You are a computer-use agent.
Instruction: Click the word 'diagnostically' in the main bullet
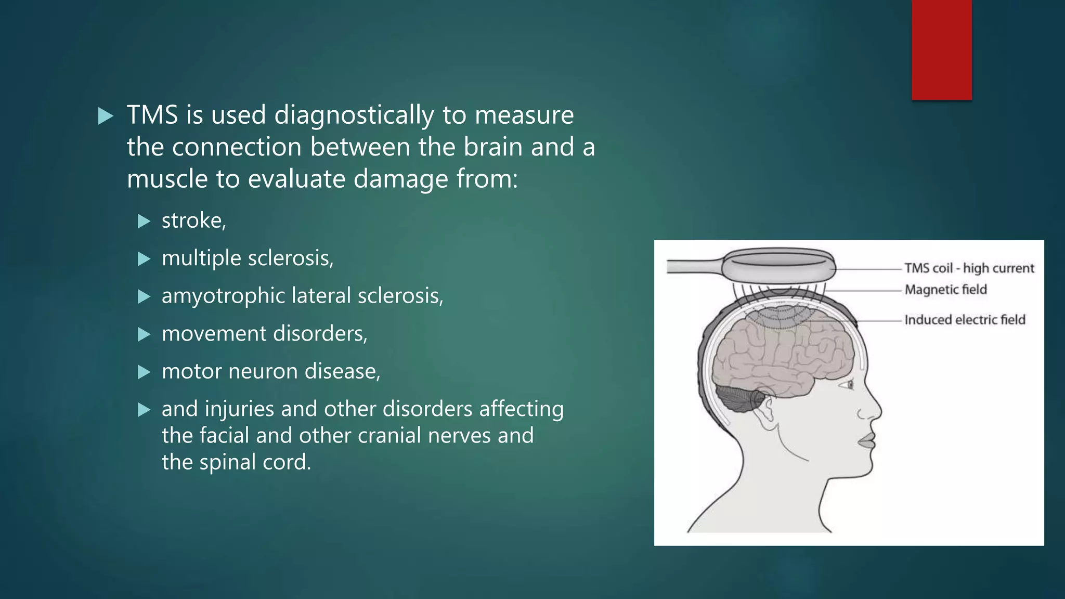tap(354, 115)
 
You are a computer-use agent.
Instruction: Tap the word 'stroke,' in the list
tap(193, 221)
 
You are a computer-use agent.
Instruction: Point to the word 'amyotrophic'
tap(223, 296)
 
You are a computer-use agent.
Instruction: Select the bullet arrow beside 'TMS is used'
tap(106, 116)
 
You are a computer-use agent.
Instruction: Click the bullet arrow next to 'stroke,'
tap(144, 222)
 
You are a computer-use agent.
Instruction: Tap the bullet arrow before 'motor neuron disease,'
tap(144, 372)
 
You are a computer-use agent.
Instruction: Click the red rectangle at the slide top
tap(941, 49)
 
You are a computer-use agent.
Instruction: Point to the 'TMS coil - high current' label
tap(969, 268)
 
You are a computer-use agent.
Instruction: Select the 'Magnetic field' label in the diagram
tap(945, 290)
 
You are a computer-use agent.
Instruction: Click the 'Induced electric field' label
tap(965, 320)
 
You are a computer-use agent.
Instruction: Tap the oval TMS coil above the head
tap(778, 267)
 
